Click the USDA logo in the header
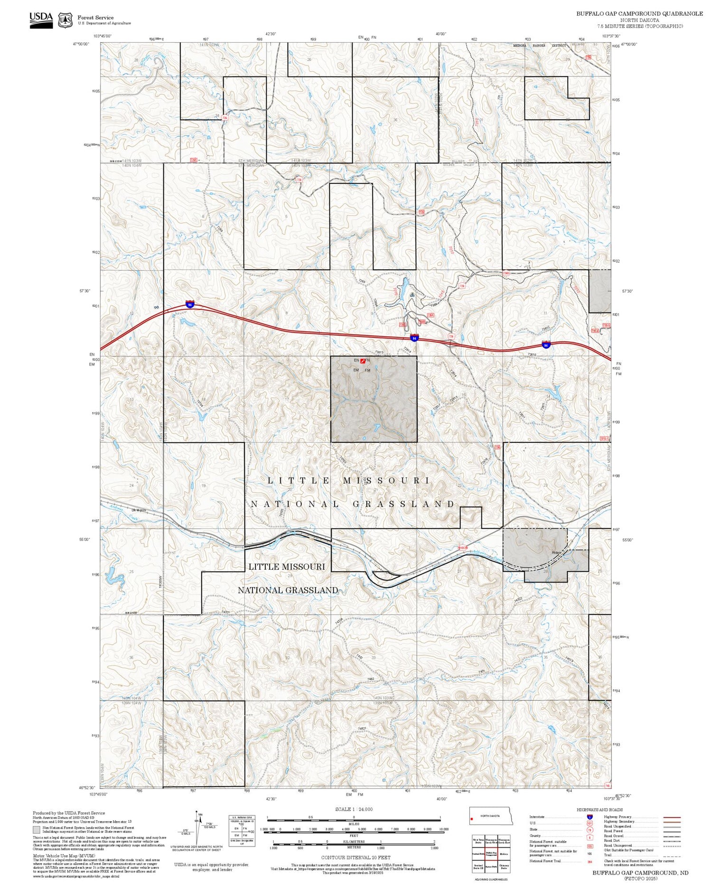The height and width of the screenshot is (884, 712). (x=41, y=20)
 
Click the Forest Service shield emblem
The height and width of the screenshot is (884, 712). (x=66, y=20)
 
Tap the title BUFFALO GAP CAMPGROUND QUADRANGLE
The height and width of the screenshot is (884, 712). (x=639, y=13)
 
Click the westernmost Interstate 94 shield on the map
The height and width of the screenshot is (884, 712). (x=190, y=304)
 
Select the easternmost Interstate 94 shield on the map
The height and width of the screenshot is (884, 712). (x=546, y=344)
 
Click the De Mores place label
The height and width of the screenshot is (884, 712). (x=139, y=510)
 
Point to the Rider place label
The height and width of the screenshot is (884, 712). (x=556, y=553)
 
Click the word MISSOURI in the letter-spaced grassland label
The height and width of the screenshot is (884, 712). (x=386, y=480)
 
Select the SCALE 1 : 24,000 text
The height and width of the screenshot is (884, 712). (x=354, y=809)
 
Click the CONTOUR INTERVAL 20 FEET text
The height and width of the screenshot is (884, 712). (x=356, y=857)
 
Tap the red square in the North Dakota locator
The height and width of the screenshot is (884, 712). (x=472, y=819)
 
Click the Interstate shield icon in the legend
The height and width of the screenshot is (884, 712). (x=590, y=817)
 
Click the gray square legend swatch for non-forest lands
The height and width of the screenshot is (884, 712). (x=37, y=829)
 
